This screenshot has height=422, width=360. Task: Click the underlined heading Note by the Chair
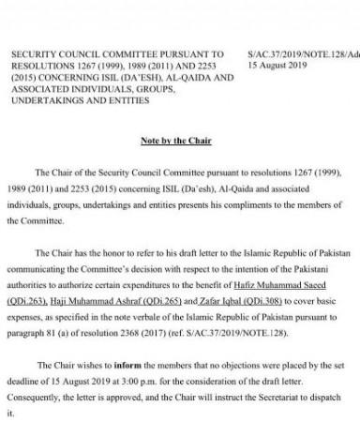[179, 140]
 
